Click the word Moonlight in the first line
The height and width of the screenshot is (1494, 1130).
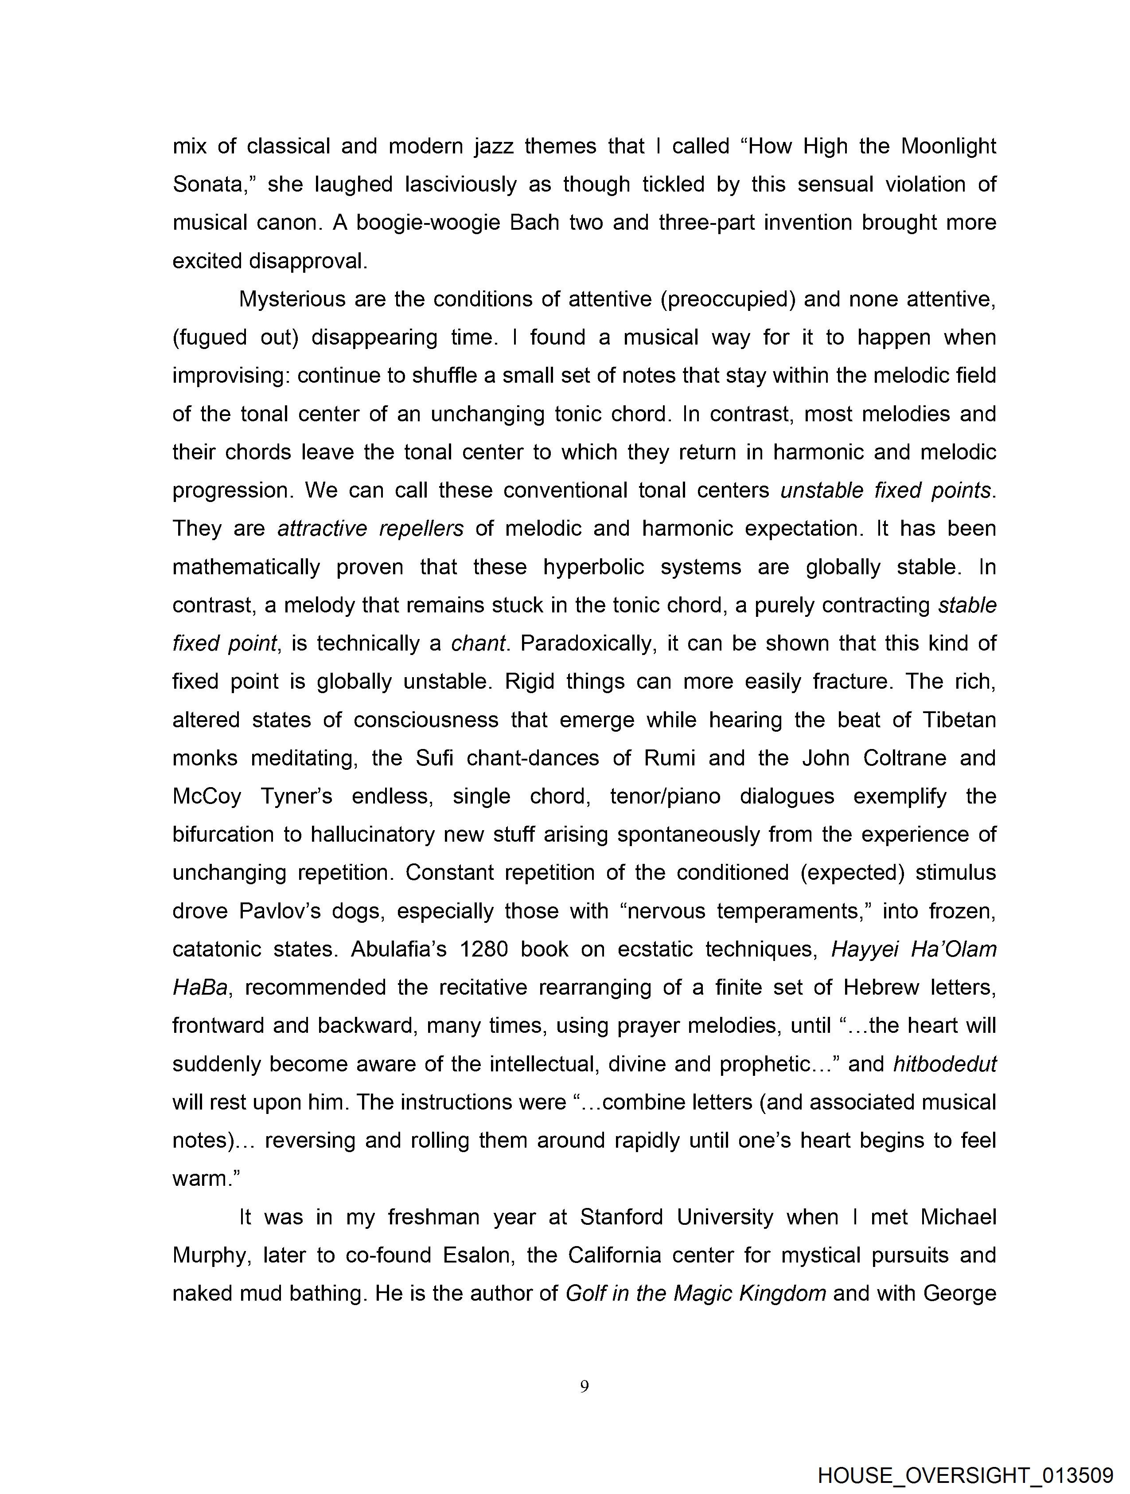[x=948, y=147]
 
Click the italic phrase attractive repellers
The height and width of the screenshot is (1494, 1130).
[x=370, y=528]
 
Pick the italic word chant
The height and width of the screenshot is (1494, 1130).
[x=478, y=643]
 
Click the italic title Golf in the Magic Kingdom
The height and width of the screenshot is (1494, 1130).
[x=695, y=1294]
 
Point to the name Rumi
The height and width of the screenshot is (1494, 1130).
[x=669, y=758]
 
